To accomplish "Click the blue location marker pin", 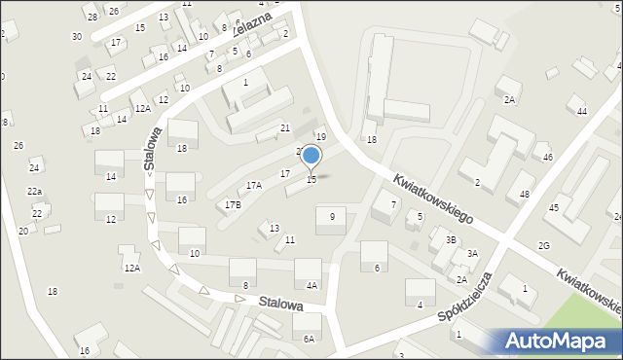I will (x=311, y=157).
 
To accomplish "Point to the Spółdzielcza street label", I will (x=464, y=297).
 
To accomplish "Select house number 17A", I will (x=254, y=185).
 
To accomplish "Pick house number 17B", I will (x=233, y=204).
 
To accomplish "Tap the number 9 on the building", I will (x=332, y=216).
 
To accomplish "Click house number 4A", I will (x=311, y=285).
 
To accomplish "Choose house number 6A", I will (x=309, y=339).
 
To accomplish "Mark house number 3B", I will (x=451, y=239).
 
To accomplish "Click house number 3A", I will (x=472, y=253).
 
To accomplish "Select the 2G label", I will (x=544, y=245).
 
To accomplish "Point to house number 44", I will (x=582, y=112).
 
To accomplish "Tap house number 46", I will (x=547, y=157).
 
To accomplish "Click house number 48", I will (x=525, y=195).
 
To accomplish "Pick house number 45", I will (x=553, y=207).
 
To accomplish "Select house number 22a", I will (x=34, y=192).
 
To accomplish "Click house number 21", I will (x=285, y=128).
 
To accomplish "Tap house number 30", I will (x=77, y=36).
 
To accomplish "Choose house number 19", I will (x=320, y=137).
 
